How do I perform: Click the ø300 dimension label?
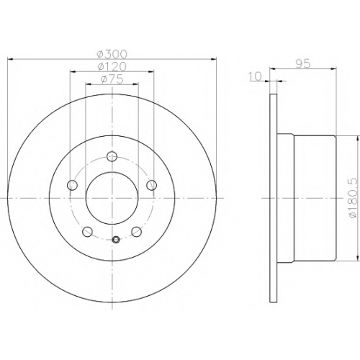112,54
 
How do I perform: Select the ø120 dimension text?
112,66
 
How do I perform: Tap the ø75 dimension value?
112,79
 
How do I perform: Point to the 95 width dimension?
303,64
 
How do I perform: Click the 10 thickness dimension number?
255,76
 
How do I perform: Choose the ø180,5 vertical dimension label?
354,198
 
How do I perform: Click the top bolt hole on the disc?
112,157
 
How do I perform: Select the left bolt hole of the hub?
72,185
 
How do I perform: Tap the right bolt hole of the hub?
152,185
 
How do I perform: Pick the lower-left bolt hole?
87,232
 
